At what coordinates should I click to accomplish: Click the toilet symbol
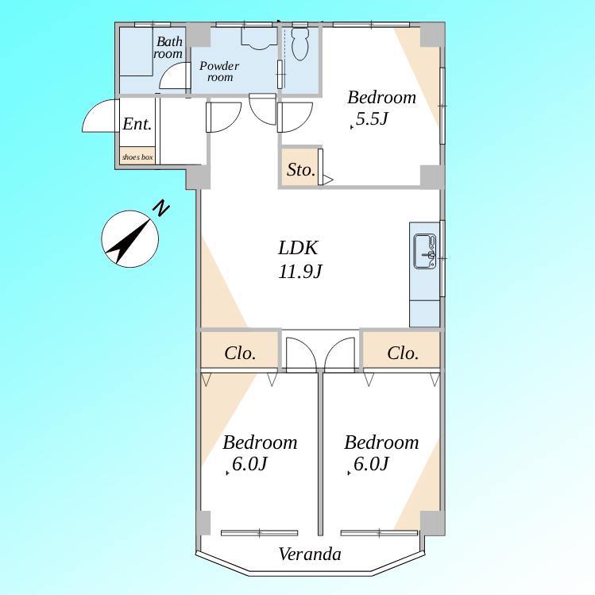pos(299,44)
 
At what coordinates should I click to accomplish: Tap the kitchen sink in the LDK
pos(425,252)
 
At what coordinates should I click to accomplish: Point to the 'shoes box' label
pos(137,156)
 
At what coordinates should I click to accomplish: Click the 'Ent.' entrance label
pos(137,124)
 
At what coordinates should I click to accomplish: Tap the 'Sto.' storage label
pos(301,170)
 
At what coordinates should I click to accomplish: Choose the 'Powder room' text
pos(219,71)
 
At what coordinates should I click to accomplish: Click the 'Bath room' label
pos(168,47)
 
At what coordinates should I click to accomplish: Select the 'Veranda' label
pos(310,554)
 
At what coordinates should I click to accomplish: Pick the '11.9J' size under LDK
pos(300,272)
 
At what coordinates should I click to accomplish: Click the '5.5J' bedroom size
pos(372,119)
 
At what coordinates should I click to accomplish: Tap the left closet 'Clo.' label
pos(240,354)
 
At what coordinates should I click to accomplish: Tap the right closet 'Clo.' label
pos(403,354)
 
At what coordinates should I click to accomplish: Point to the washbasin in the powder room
pos(259,39)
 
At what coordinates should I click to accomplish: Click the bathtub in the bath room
pos(136,51)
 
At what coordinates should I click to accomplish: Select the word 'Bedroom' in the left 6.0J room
pos(260,442)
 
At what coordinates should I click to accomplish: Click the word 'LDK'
pos(298,248)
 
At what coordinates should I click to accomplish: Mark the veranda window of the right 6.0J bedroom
pos(379,533)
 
